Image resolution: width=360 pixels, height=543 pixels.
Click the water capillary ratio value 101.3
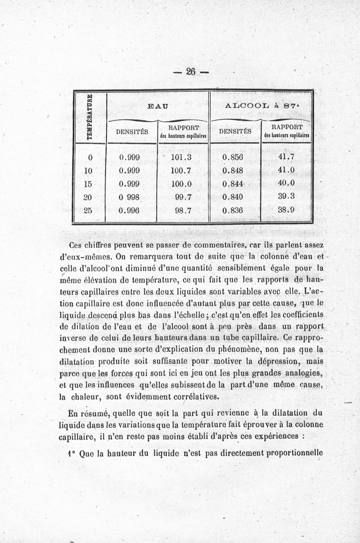182,157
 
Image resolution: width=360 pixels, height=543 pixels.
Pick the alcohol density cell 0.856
233,157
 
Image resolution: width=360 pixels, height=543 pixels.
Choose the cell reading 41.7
286,157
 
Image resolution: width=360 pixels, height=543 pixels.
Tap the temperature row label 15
88,184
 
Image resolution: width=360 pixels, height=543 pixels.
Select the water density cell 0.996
129,210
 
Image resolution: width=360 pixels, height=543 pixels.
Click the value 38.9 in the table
286,210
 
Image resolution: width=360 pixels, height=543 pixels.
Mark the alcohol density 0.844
233,184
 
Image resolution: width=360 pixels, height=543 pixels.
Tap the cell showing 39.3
286,197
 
